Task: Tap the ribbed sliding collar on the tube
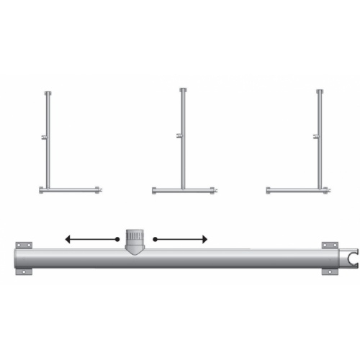click(x=135, y=238)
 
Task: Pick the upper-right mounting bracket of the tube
click(x=330, y=246)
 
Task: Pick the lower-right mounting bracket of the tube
click(x=330, y=271)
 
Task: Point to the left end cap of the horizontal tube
click(x=16, y=258)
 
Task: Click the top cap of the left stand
click(x=48, y=94)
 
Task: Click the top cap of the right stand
click(x=319, y=91)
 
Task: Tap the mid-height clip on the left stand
click(x=45, y=137)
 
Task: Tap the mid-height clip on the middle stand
click(x=179, y=135)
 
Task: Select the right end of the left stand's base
click(x=99, y=190)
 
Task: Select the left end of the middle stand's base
click(x=155, y=191)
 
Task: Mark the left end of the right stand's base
click(x=269, y=190)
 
